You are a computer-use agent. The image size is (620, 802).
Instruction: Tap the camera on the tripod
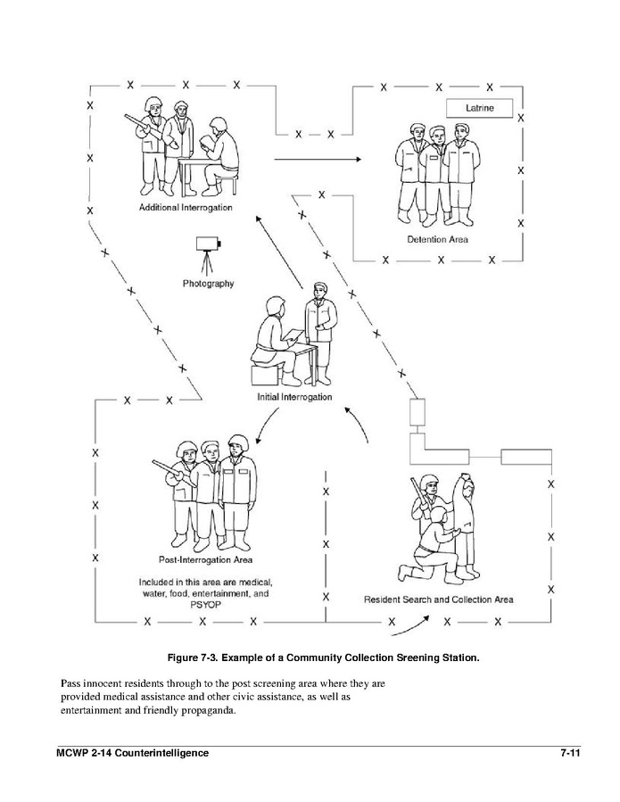208,243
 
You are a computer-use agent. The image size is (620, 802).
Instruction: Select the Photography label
208,284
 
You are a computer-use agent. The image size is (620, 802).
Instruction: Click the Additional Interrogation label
186,207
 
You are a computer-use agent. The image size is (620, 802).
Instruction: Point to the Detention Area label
437,239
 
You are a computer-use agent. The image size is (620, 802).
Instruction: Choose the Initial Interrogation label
293,396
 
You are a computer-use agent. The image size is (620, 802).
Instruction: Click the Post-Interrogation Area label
205,561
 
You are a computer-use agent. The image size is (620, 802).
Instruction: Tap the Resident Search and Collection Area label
438,599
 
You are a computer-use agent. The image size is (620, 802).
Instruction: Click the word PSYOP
205,605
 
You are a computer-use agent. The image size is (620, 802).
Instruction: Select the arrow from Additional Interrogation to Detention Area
317,160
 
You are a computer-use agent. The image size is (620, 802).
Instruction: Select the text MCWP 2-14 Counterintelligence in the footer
131,754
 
